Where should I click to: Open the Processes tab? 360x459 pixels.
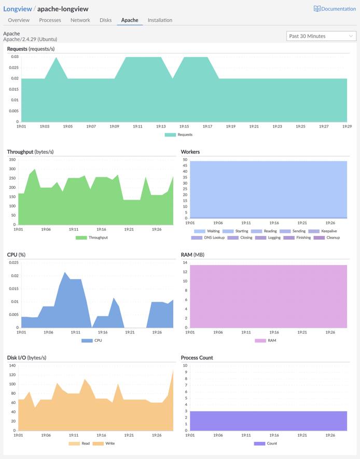click(50, 20)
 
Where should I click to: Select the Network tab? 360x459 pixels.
click(80, 20)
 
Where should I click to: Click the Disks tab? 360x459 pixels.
click(106, 20)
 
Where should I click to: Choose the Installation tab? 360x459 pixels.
click(160, 20)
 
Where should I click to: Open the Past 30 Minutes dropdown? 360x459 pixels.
click(321, 36)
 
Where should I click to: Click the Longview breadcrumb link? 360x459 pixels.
click(17, 9)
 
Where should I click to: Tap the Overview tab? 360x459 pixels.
click(19, 20)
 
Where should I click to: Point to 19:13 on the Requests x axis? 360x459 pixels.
click(161, 126)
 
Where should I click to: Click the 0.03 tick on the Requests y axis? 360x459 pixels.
click(15, 57)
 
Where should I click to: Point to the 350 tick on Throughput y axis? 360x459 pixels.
click(12, 160)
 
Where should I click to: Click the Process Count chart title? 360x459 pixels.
click(197, 358)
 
